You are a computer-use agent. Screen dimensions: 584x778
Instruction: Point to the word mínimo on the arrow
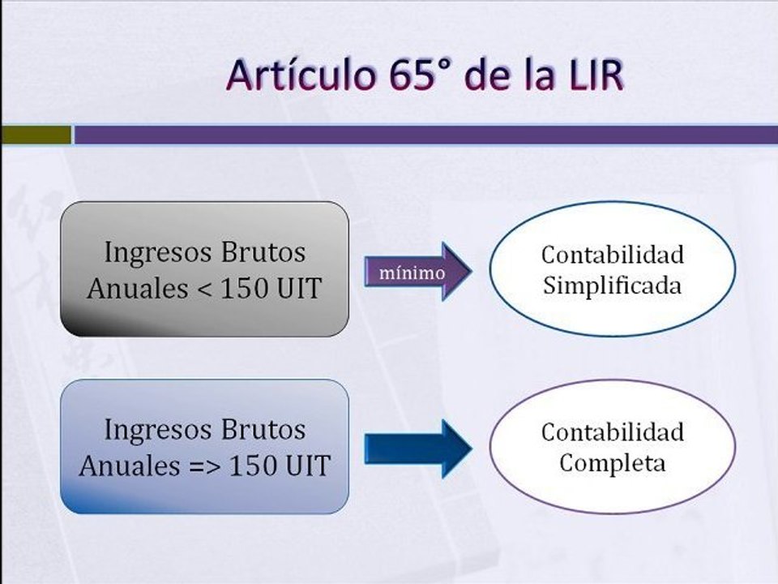(x=418, y=273)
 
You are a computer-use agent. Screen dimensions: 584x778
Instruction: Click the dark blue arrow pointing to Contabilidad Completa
(x=418, y=448)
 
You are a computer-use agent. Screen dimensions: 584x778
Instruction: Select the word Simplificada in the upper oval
(x=612, y=286)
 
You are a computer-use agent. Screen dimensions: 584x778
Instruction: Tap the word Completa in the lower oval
(x=612, y=463)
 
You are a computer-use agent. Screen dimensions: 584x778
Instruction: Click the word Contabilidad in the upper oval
(x=612, y=255)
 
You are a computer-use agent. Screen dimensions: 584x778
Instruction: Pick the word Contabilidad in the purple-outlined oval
(x=612, y=432)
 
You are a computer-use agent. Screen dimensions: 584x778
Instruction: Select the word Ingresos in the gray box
(x=148, y=252)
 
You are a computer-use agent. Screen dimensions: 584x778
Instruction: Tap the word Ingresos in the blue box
(x=148, y=429)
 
